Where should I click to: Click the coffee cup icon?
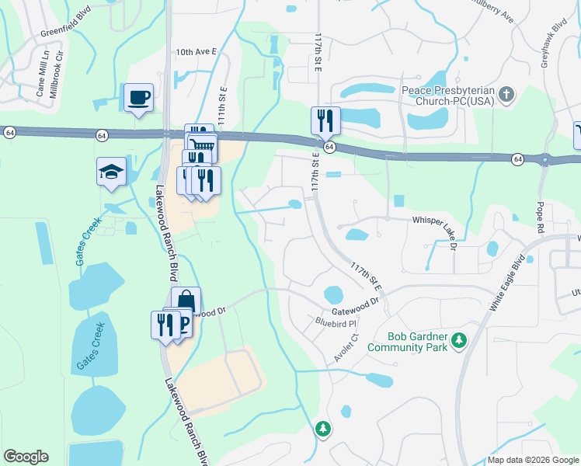point(139,98)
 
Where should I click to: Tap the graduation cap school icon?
point(111,172)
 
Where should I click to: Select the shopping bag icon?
point(186,301)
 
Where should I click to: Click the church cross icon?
point(506,96)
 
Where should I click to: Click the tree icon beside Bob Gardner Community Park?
point(459,340)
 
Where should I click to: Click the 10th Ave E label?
point(195,52)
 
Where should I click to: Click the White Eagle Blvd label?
point(509,283)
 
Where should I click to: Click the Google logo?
point(26,457)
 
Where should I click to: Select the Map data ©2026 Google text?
point(533,460)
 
